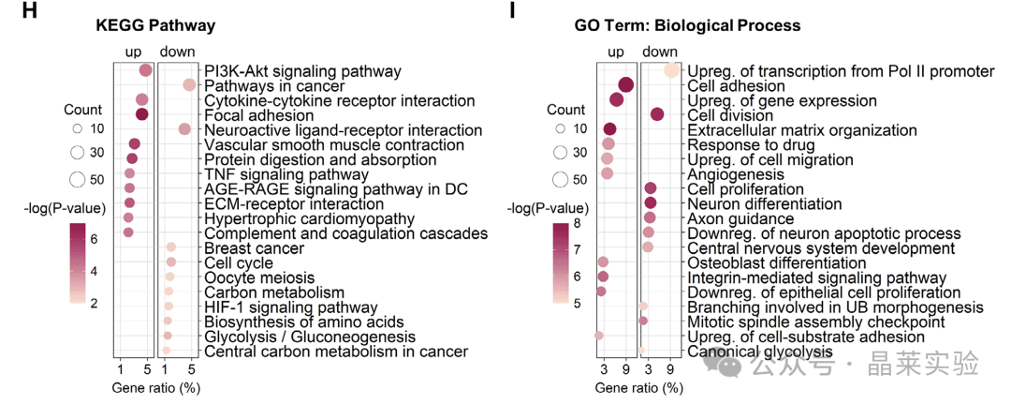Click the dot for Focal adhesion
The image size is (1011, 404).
tap(142, 114)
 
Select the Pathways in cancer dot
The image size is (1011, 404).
tap(189, 84)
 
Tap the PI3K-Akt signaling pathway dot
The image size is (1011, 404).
tap(146, 70)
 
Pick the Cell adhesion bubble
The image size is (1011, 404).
tap(625, 85)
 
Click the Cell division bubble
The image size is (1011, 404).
tap(657, 114)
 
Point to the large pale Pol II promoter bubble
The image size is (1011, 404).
tap(671, 70)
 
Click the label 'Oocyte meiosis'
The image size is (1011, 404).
tap(259, 278)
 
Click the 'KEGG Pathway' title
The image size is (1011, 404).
tap(155, 25)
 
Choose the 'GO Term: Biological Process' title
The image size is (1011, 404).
tap(687, 25)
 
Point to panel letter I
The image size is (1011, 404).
tap(512, 11)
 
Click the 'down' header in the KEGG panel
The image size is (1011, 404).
tap(177, 52)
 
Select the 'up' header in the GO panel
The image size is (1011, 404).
tap(616, 52)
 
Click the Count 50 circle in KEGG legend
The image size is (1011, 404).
tap(78, 179)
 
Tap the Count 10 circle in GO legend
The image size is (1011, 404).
tap(561, 128)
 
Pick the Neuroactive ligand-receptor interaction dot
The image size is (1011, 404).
tap(184, 129)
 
